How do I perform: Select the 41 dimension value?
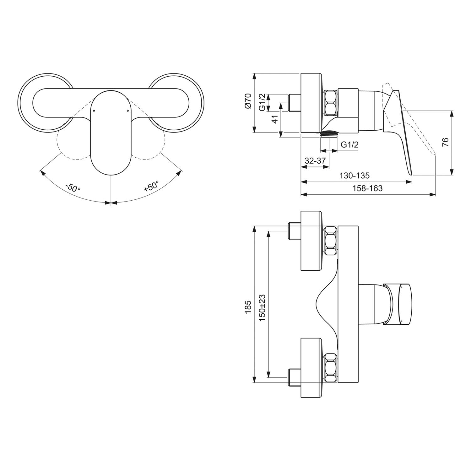(275, 119)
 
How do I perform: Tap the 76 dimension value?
(445, 142)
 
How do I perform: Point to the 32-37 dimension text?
(315, 161)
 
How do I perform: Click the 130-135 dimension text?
(355, 176)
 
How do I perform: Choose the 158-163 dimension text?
(367, 188)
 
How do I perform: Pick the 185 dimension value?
(248, 307)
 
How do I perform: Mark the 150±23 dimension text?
(263, 307)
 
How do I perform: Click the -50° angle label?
(73, 187)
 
